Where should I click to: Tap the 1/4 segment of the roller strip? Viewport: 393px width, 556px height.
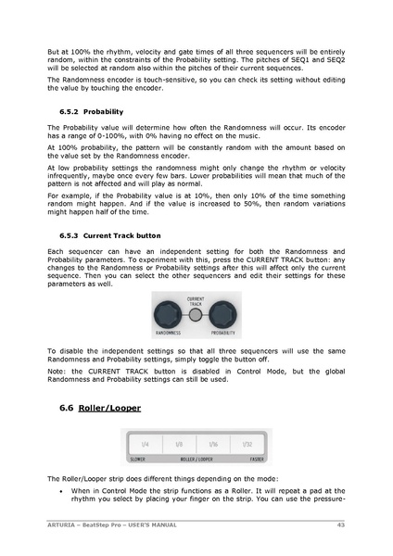(145, 445)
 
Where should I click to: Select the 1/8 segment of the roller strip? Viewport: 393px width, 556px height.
(179, 445)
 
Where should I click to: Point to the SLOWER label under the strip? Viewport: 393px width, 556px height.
(136, 459)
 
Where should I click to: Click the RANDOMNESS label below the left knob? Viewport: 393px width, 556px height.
(169, 332)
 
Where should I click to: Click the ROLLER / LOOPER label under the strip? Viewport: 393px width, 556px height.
(196, 459)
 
